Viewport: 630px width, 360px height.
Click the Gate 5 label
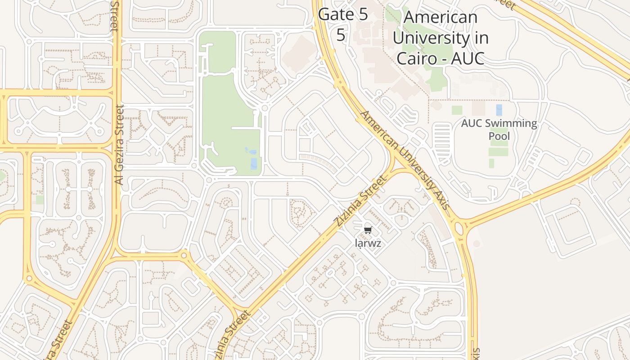click(343, 14)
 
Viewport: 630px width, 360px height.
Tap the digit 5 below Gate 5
click(341, 35)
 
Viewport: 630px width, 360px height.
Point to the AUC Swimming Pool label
click(499, 129)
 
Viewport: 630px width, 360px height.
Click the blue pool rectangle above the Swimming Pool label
click(499, 110)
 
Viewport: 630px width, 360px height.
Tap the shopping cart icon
click(368, 230)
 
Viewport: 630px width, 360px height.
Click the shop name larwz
click(368, 244)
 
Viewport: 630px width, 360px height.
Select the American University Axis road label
click(405, 160)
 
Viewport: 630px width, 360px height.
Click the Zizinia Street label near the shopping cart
click(360, 201)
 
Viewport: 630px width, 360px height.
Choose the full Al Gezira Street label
click(119, 145)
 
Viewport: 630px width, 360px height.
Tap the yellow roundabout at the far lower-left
click(29, 279)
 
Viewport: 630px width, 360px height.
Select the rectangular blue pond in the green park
click(254, 163)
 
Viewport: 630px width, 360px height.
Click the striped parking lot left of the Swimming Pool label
click(441, 138)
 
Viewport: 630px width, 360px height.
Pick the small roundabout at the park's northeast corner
click(265, 108)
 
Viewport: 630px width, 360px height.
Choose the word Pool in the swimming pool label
click(499, 136)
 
